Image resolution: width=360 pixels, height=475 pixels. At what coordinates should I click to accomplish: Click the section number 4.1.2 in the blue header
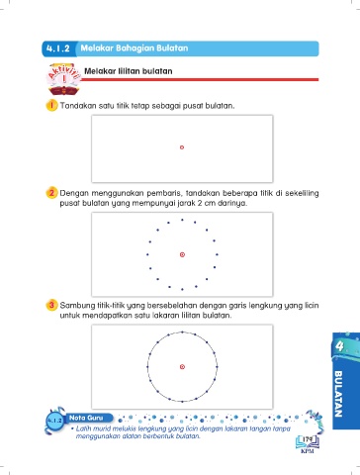(x=58, y=48)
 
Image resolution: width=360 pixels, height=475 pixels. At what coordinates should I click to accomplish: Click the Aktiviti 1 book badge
(x=64, y=79)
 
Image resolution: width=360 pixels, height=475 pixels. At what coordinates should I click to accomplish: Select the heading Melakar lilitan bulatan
(x=129, y=71)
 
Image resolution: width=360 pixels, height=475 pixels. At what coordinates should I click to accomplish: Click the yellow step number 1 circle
(x=51, y=106)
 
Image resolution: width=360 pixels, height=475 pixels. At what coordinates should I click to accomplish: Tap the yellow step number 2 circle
(x=51, y=193)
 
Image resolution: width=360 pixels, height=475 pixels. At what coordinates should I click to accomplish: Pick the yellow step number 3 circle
(x=51, y=305)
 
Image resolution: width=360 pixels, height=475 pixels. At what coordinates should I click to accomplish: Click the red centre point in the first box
(x=182, y=147)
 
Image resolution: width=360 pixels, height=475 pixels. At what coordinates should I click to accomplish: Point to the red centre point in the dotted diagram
(x=182, y=254)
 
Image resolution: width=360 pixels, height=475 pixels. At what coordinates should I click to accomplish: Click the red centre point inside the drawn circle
(x=182, y=367)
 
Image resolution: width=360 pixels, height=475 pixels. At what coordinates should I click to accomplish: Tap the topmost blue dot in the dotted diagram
(x=182, y=220)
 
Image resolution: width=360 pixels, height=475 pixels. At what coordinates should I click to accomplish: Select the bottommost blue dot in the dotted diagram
(x=182, y=289)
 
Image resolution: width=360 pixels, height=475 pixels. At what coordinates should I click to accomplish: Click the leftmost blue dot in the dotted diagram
(x=147, y=254)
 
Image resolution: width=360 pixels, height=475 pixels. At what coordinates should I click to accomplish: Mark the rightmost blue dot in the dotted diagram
(x=217, y=254)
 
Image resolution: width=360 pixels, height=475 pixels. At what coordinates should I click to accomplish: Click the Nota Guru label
(x=86, y=418)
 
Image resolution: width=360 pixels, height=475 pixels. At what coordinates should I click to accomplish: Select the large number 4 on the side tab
(x=339, y=346)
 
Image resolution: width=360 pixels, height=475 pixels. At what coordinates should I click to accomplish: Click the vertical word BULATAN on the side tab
(x=338, y=394)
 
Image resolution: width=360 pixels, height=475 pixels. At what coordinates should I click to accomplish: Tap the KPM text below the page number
(x=308, y=451)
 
